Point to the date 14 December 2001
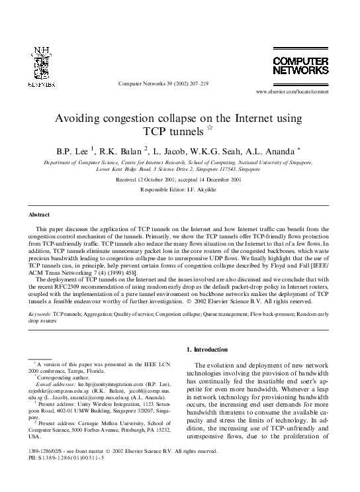[231, 179]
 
